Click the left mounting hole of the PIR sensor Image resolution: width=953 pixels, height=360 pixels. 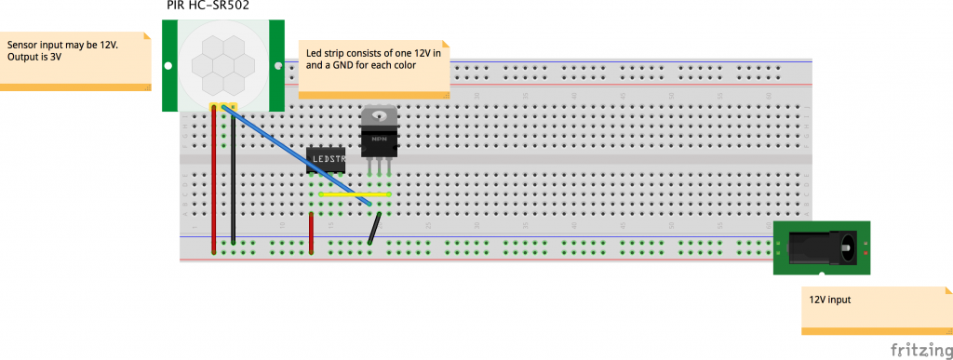[x=168, y=66]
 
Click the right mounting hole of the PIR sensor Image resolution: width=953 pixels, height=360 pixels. [x=275, y=66]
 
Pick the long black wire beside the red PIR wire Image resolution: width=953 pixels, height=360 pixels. [x=233, y=177]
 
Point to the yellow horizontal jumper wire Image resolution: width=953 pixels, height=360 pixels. [x=354, y=194]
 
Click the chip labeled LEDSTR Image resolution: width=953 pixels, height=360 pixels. [x=327, y=159]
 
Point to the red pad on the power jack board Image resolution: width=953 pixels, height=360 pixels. [x=866, y=252]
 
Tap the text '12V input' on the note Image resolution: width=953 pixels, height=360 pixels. [x=830, y=300]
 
